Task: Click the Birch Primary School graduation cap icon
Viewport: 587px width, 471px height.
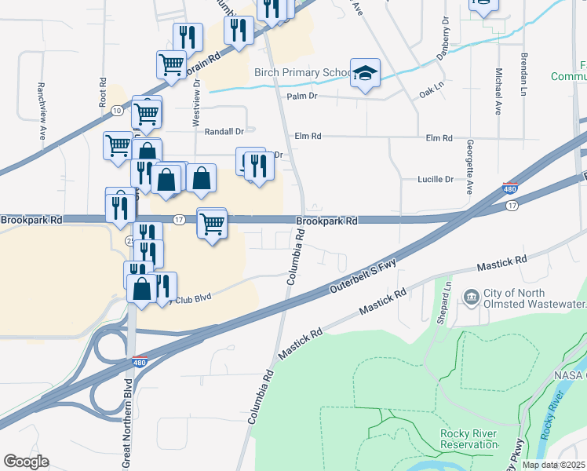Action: (365, 74)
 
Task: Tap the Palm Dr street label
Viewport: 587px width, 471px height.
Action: (301, 96)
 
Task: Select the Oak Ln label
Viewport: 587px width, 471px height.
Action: (432, 91)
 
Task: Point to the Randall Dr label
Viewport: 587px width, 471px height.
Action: (219, 131)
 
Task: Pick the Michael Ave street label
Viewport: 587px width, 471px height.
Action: (498, 91)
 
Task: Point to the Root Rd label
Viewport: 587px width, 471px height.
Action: (103, 92)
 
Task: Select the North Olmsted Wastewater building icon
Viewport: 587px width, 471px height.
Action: (472, 296)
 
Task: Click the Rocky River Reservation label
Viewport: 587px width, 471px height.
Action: (454, 440)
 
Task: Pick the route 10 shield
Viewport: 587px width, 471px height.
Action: (117, 110)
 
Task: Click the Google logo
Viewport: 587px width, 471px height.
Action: (26, 462)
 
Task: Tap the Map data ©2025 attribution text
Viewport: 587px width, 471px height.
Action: (554, 465)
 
